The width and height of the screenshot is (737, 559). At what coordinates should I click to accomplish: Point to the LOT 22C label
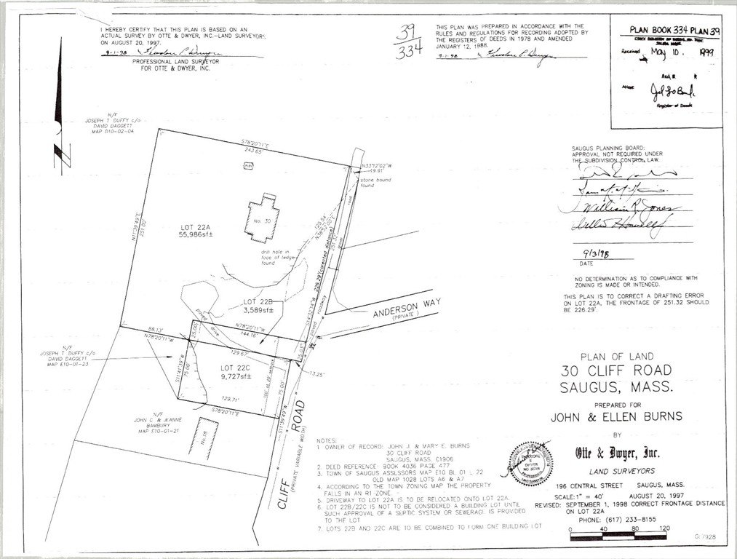[236, 367]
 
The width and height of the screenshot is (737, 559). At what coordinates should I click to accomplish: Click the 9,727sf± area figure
[236, 376]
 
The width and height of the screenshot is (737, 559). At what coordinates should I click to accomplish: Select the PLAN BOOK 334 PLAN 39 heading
[670, 31]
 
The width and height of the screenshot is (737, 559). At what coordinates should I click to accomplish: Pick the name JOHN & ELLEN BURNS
[616, 417]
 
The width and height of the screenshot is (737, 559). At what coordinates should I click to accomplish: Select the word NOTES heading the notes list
[327, 441]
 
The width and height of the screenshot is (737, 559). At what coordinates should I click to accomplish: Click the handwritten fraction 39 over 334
[407, 43]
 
